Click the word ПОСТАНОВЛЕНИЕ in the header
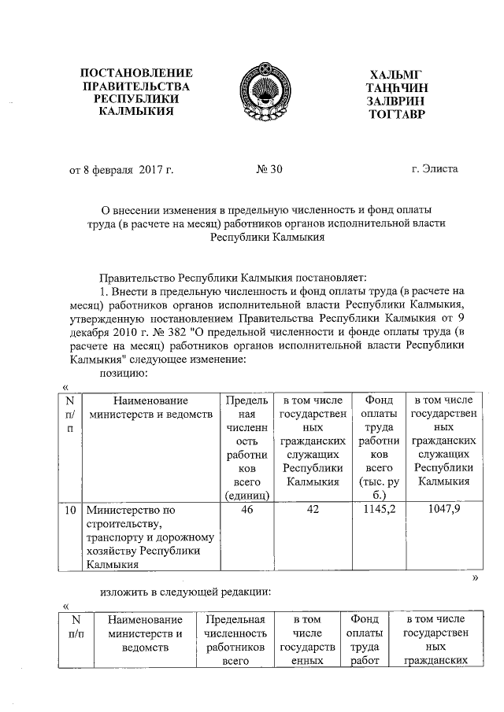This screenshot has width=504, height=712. [143, 73]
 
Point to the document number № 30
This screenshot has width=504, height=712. [269, 168]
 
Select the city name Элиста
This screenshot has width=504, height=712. [442, 168]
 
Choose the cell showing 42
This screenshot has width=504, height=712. [313, 511]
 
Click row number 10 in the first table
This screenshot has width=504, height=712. [70, 511]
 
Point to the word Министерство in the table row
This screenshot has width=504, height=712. [122, 511]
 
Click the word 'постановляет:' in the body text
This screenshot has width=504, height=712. [324, 276]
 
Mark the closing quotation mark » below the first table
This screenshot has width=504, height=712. [475, 577]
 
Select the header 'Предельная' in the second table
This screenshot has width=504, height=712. [233, 621]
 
